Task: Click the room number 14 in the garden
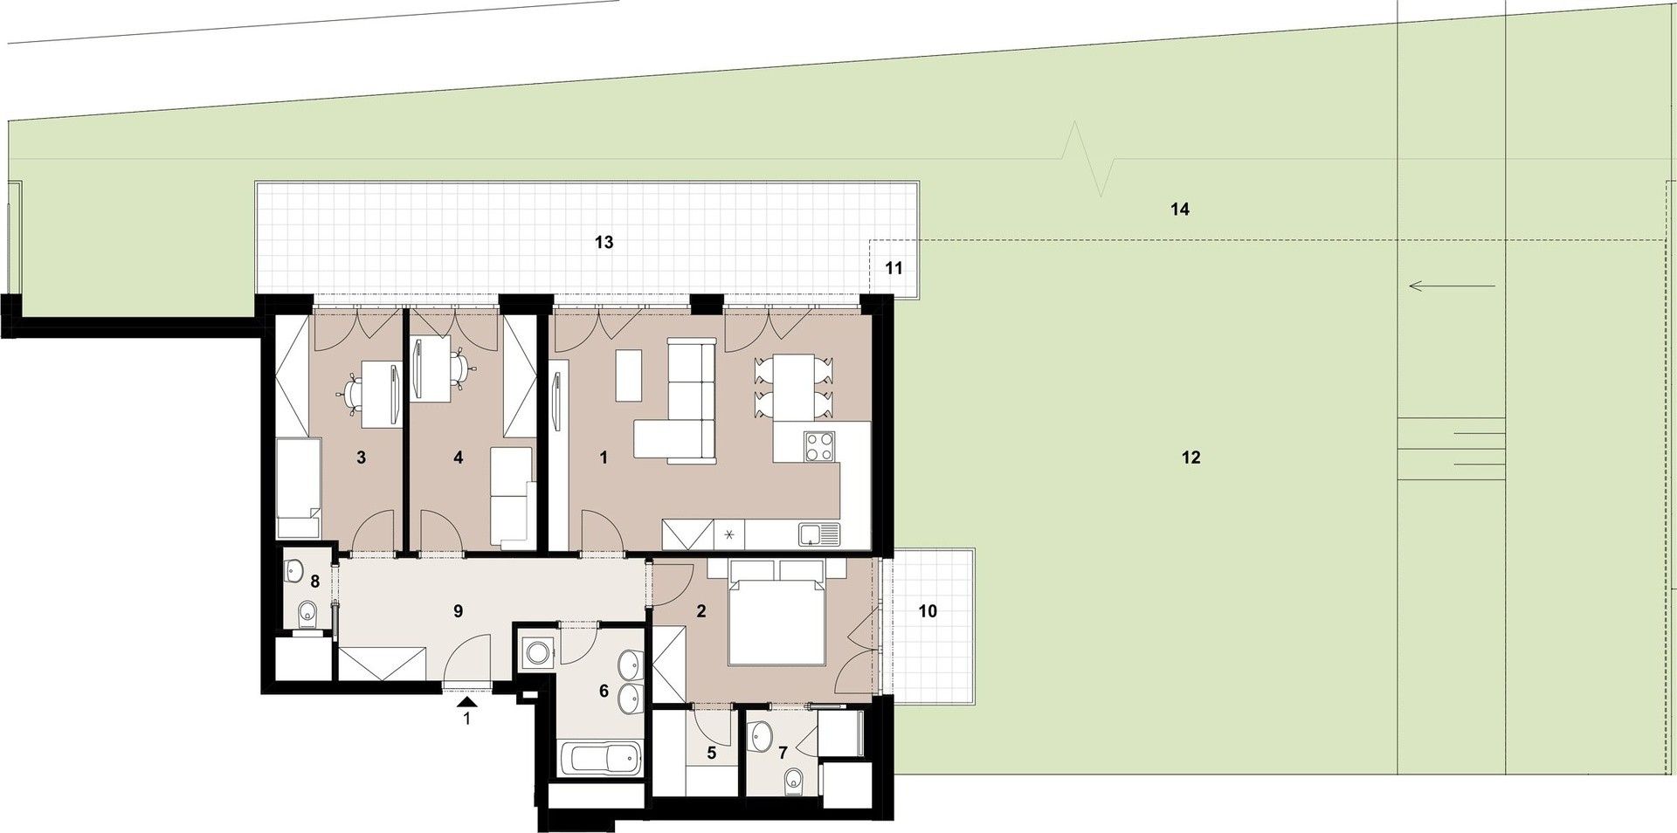coord(1180,210)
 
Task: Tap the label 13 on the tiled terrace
coord(604,242)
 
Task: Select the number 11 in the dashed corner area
coord(894,268)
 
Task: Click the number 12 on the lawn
coord(1190,458)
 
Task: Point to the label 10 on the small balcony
coord(928,611)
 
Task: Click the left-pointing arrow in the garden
coord(1452,286)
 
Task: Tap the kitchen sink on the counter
coord(818,533)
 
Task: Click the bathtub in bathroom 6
coord(601,758)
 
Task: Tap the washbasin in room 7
coord(762,736)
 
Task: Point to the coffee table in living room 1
coord(628,375)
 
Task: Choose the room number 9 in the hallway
coord(458,611)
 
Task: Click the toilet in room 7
coord(793,779)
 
